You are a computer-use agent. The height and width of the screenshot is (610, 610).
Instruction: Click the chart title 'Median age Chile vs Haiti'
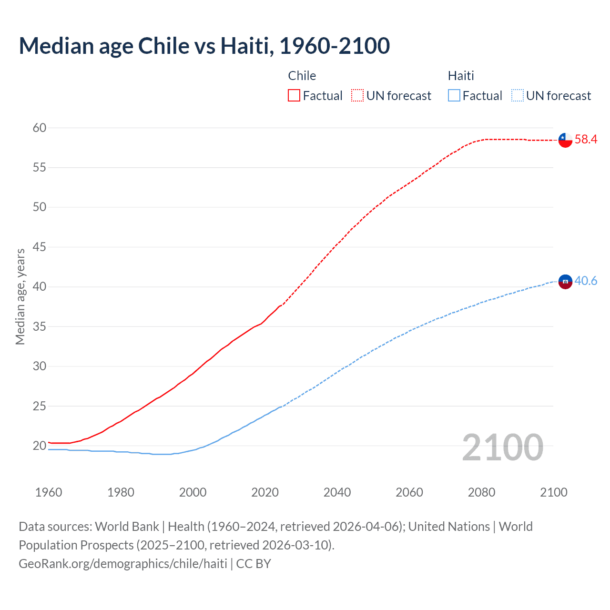(204, 46)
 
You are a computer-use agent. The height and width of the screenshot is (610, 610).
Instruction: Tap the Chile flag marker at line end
(565, 140)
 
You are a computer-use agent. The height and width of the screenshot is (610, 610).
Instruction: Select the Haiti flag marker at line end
(565, 282)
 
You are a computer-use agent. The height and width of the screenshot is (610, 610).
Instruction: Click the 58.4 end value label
(586, 139)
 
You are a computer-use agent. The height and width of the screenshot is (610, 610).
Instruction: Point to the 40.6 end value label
(586, 281)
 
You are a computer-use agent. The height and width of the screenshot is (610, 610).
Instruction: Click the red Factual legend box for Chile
(294, 96)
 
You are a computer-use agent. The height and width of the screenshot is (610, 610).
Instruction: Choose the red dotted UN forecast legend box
(357, 96)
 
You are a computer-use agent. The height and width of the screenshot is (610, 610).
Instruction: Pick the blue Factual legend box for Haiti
(454, 96)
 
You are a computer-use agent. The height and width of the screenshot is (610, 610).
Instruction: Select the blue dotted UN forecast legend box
(518, 96)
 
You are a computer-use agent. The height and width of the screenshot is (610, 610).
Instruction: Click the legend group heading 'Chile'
(302, 76)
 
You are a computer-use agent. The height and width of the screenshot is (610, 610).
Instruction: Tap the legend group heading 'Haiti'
(461, 76)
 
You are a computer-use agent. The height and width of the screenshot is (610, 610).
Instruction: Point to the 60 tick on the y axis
(40, 128)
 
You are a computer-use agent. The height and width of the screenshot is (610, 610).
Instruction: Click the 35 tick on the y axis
(40, 326)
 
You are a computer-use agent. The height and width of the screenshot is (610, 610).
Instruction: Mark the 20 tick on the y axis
(40, 446)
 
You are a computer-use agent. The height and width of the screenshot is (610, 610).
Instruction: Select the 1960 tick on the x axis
(49, 492)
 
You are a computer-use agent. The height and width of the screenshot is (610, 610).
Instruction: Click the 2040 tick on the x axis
(337, 492)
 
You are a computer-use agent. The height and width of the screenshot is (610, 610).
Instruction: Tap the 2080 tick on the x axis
(481, 492)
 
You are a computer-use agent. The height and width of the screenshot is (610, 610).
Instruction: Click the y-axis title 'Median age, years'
(20, 296)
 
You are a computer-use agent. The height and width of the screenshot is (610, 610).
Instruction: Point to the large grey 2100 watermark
(502, 447)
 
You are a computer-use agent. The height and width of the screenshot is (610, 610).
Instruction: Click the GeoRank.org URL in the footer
(123, 564)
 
